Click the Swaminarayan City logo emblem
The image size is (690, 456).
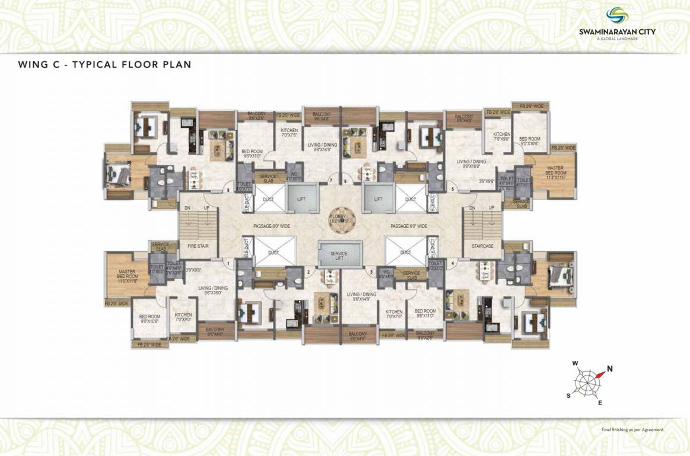(x=617, y=15)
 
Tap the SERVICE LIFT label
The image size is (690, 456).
(x=339, y=256)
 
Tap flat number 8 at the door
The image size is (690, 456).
(x=228, y=190)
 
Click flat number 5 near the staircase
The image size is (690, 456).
(x=453, y=189)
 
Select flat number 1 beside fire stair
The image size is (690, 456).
(x=228, y=262)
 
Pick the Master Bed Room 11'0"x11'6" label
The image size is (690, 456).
(x=127, y=277)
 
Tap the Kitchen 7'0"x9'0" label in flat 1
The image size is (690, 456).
(x=183, y=317)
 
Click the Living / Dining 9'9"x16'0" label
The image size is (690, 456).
(x=471, y=164)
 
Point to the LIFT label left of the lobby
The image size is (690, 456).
(x=301, y=199)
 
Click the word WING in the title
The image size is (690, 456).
(x=33, y=64)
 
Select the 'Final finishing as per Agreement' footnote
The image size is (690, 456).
(x=632, y=429)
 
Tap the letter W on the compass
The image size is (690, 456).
(x=575, y=363)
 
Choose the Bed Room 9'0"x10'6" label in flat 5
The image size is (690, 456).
(x=530, y=141)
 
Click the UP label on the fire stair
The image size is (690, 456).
(x=207, y=208)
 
